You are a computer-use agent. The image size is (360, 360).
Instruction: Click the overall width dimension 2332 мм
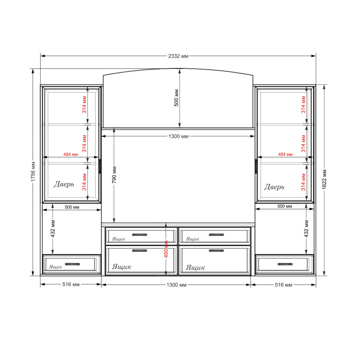coord(178,56)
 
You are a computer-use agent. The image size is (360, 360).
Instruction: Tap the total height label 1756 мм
coord(33,171)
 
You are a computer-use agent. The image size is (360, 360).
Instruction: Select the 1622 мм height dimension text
coord(324,179)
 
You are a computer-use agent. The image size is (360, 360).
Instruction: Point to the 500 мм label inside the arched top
coord(176,98)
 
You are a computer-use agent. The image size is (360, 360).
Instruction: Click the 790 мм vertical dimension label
coord(114,175)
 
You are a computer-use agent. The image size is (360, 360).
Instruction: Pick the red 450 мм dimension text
coord(166,249)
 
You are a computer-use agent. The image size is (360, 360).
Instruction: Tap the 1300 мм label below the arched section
coord(178,136)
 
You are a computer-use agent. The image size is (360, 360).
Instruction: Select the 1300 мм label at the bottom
coord(176,285)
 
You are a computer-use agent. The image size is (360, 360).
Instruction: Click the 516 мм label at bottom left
coord(71,284)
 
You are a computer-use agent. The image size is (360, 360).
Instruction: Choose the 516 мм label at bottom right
coord(283,285)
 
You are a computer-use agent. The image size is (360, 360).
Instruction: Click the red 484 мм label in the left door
coord(70,154)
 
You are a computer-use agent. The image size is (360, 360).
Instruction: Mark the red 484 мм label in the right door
coord(285,154)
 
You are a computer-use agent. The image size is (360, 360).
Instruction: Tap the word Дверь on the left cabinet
coord(64,184)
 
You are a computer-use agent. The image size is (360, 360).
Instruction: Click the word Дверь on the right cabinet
coord(274,187)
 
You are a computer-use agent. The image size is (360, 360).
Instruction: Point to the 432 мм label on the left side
coord(53,229)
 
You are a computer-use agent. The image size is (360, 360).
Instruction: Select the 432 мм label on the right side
coord(307,229)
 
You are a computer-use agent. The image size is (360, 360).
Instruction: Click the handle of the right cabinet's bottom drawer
coord(285,264)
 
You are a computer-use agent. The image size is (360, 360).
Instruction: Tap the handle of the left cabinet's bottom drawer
coord(73,264)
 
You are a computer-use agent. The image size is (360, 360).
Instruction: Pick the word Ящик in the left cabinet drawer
coord(56,267)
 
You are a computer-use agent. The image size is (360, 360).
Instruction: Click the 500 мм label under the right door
coord(284,206)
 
